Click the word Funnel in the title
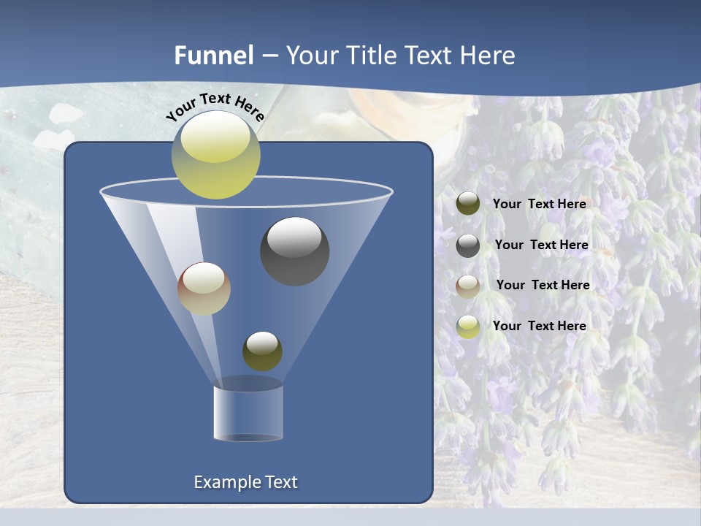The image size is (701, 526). pyautogui.click(x=213, y=56)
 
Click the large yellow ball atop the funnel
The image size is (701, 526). pyautogui.click(x=215, y=155)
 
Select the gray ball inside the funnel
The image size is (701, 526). pyautogui.click(x=294, y=251)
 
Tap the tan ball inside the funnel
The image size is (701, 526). pyautogui.click(x=204, y=289)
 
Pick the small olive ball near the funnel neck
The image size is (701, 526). pyautogui.click(x=262, y=351)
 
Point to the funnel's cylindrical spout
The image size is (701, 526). pyautogui.click(x=248, y=413)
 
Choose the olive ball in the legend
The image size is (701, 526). pyautogui.click(x=468, y=204)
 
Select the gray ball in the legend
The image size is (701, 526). pyautogui.click(x=468, y=245)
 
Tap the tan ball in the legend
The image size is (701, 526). pyautogui.click(x=468, y=286)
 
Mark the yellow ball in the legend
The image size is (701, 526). pyautogui.click(x=468, y=327)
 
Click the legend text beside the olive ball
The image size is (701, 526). pyautogui.click(x=540, y=205)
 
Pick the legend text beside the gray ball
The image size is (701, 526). pyautogui.click(x=541, y=245)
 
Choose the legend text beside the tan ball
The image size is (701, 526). pyautogui.click(x=543, y=285)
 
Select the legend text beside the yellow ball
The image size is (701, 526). pyautogui.click(x=540, y=326)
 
